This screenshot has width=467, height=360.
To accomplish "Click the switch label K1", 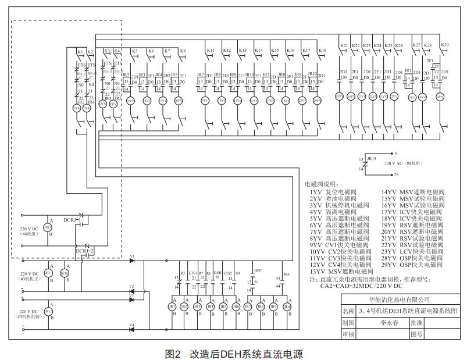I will (x=80, y=52).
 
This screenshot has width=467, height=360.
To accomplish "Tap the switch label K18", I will (x=322, y=51).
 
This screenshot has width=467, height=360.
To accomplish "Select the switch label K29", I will (x=445, y=45).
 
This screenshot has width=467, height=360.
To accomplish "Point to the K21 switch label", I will (x=344, y=45).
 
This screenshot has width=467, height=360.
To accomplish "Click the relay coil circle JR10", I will (x=287, y=307).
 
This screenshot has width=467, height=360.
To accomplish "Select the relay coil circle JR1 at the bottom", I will (x=172, y=307).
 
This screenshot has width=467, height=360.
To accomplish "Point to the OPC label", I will (x=258, y=270).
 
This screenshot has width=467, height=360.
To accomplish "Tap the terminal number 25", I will (x=396, y=174).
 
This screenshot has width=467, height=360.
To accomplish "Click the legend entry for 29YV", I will (x=413, y=265).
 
